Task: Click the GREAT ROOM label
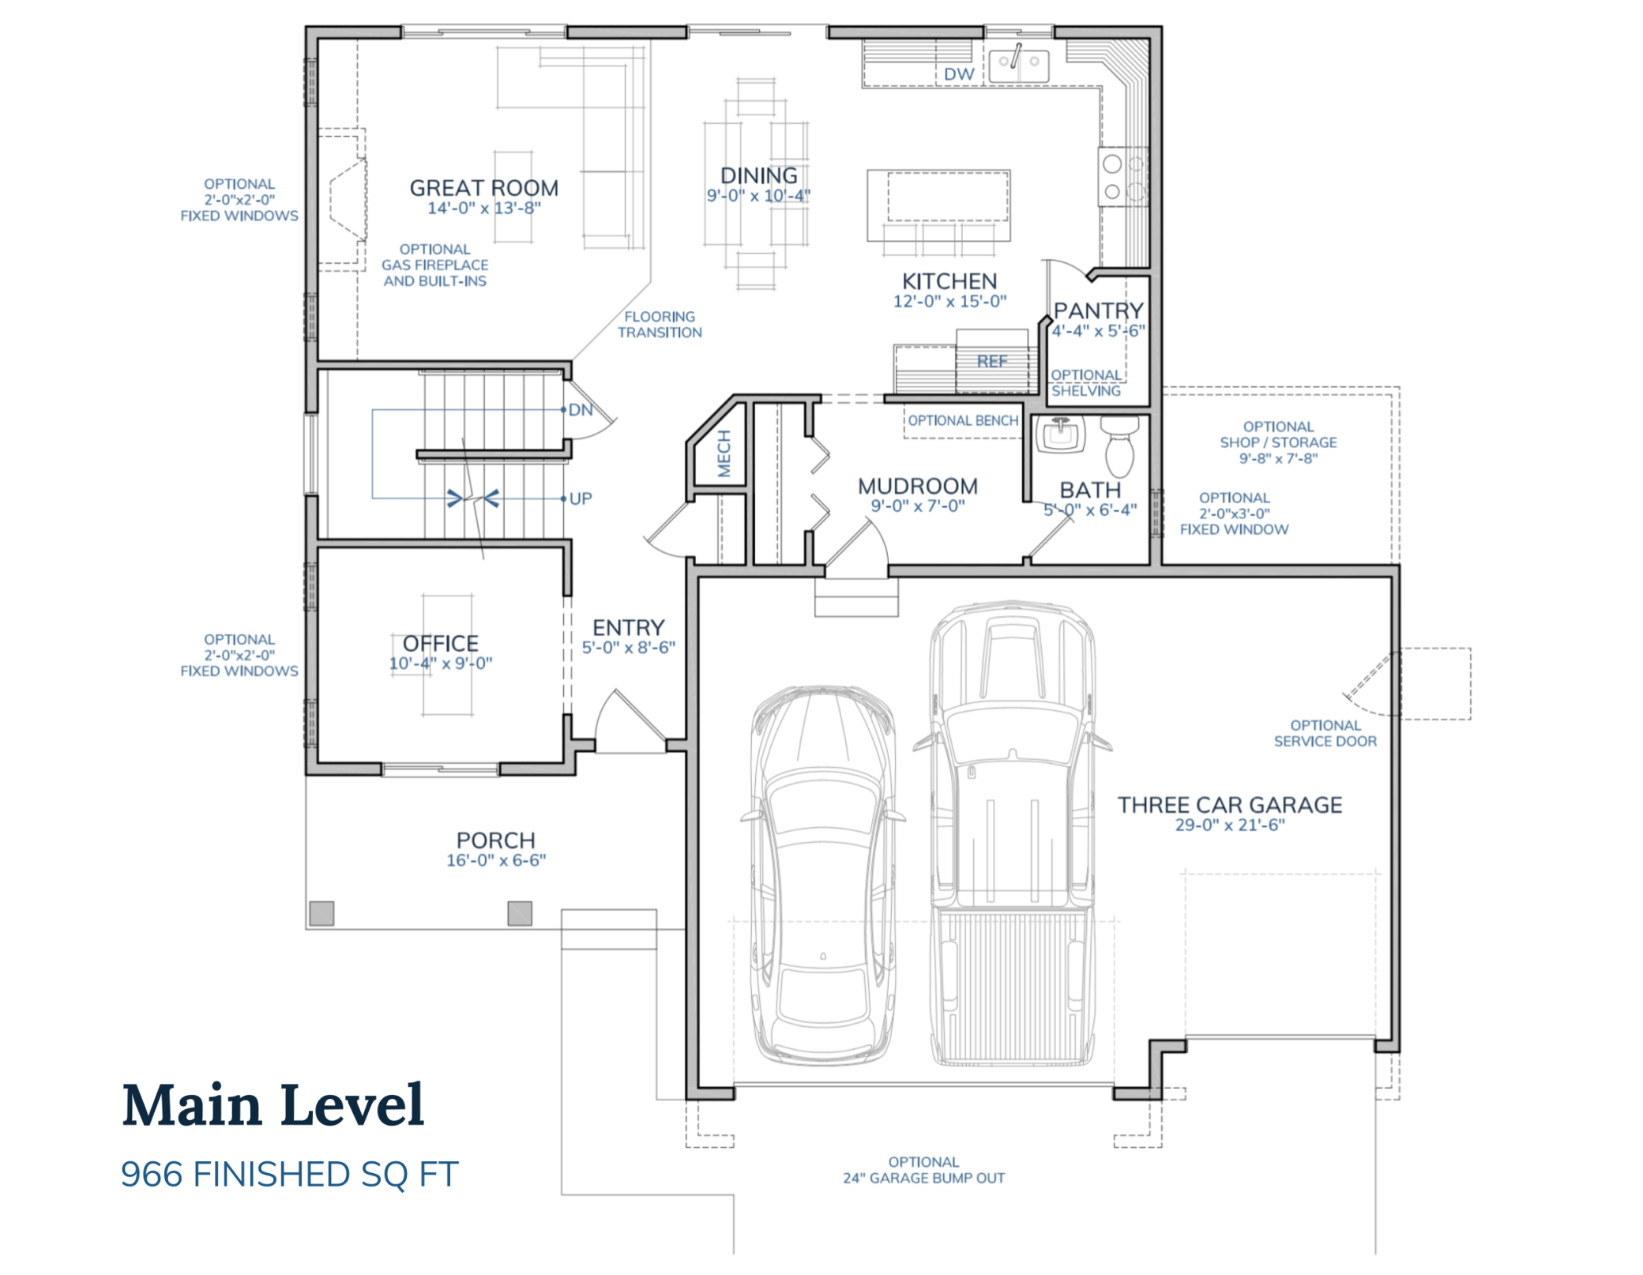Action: pyautogui.click(x=483, y=188)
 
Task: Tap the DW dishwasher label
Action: pyautogui.click(x=958, y=74)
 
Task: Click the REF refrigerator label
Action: pyautogui.click(x=992, y=362)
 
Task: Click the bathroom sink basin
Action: pyautogui.click(x=1059, y=435)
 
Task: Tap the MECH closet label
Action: pyautogui.click(x=724, y=453)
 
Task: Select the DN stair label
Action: pyautogui.click(x=581, y=410)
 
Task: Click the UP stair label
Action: pyautogui.click(x=581, y=498)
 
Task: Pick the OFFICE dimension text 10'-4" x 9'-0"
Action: pyautogui.click(x=440, y=664)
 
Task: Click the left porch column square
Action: pyautogui.click(x=321, y=913)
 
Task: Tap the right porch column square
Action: pyautogui.click(x=520, y=913)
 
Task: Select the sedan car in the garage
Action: pyautogui.click(x=822, y=877)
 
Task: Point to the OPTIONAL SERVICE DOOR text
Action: pyautogui.click(x=1325, y=733)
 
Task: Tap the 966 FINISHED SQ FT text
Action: pyautogui.click(x=289, y=1175)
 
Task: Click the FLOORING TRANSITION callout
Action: pyautogui.click(x=660, y=325)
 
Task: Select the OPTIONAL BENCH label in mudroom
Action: pyautogui.click(x=962, y=421)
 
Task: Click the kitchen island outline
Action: pyautogui.click(x=938, y=205)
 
